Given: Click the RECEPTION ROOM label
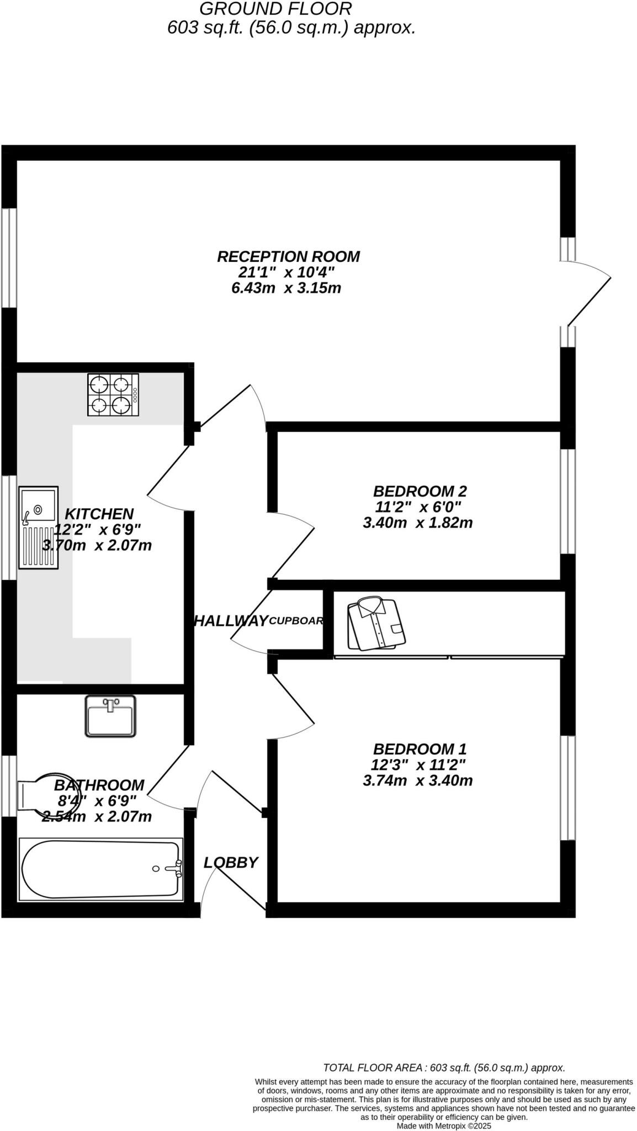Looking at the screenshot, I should [288, 257].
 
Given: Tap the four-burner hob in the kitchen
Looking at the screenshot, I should [113, 394].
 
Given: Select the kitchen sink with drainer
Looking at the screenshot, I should [38, 527].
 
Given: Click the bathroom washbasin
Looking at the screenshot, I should [110, 716].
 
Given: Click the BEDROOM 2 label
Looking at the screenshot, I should [420, 491].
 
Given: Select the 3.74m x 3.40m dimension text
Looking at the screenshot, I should [417, 780].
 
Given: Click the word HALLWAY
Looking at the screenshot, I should [230, 621].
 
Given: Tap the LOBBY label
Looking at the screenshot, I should [231, 862].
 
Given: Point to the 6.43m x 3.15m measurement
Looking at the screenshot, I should [286, 288].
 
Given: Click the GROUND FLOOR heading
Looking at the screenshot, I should [275, 9].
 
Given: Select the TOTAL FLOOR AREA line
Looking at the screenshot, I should [444, 1068].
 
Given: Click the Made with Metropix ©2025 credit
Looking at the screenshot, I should [444, 1125].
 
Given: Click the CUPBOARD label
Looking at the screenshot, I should [296, 621].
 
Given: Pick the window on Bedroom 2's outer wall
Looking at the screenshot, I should [567, 501].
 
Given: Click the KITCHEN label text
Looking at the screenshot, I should [99, 514].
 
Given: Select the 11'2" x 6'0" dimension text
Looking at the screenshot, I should [417, 506].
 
